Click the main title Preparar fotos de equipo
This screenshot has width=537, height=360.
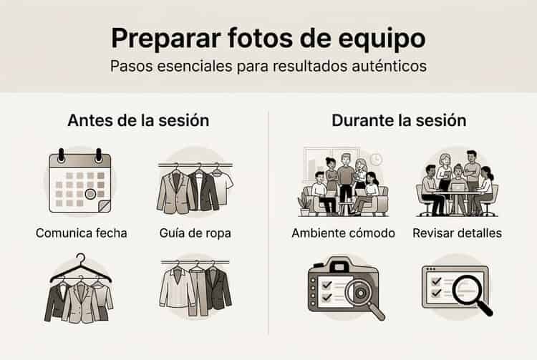(x=268, y=37)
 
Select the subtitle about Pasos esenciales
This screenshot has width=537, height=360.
(x=268, y=67)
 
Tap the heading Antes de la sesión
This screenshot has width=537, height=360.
(x=138, y=120)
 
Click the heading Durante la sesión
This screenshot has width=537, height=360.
(x=399, y=120)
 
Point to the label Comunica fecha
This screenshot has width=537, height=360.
(x=81, y=233)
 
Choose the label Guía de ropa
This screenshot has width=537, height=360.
(x=195, y=233)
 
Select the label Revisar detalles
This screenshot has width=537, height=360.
(x=457, y=233)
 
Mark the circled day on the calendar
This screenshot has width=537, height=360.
(x=90, y=193)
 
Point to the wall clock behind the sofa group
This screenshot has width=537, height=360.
(x=377, y=159)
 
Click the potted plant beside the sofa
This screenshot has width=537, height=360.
(x=306, y=204)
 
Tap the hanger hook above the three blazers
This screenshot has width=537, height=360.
(x=80, y=259)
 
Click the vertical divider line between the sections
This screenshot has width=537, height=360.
(x=268, y=222)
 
